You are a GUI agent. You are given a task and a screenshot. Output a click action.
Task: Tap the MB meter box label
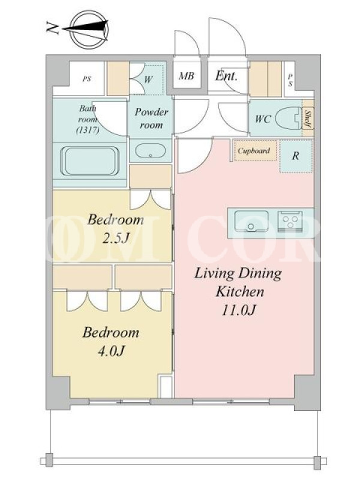point(187,76)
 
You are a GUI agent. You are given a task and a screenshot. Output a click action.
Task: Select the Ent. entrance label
point(226,76)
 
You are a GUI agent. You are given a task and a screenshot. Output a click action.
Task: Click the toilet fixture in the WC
point(288,118)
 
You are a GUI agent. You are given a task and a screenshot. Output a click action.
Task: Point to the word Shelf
point(308,119)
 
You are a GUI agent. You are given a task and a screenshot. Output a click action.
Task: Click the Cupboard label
point(254,151)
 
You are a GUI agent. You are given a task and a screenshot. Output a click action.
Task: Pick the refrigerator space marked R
point(296,156)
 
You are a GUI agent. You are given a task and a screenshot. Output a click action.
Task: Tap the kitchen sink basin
point(251,221)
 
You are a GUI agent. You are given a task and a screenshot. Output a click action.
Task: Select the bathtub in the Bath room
point(90,161)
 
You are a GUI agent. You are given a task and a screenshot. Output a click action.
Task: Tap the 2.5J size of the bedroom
point(115,239)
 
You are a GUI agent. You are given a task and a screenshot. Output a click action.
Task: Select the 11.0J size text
point(238,310)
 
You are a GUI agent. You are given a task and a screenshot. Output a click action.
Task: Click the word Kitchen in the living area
point(239,292)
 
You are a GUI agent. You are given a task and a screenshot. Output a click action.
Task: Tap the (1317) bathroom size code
point(88,130)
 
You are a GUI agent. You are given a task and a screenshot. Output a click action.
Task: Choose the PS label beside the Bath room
point(87,79)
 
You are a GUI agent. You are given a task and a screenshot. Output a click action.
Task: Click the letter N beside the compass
point(52,28)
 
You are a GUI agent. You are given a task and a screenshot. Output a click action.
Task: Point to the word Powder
point(152,112)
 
